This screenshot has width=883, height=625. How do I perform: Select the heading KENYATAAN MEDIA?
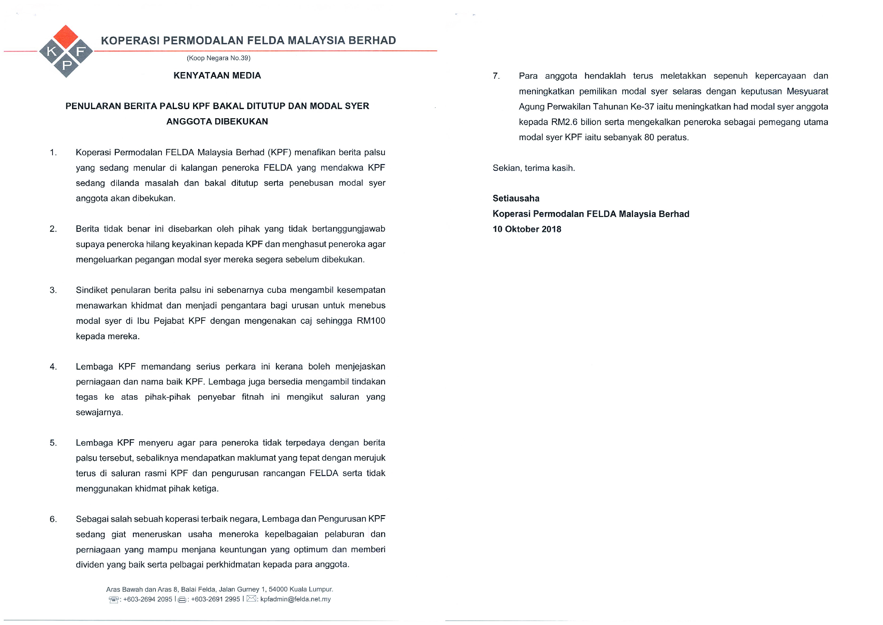217,75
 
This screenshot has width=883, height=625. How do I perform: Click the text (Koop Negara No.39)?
218,58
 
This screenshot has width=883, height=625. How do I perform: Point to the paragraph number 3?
53,290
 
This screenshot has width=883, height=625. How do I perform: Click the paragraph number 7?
496,76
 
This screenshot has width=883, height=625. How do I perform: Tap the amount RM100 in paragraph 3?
371,321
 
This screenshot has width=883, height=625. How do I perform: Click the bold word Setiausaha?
516,198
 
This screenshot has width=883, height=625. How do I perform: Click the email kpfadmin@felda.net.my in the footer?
295,599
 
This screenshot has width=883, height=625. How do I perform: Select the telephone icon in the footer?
114,600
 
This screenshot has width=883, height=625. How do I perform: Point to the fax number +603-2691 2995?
215,599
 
